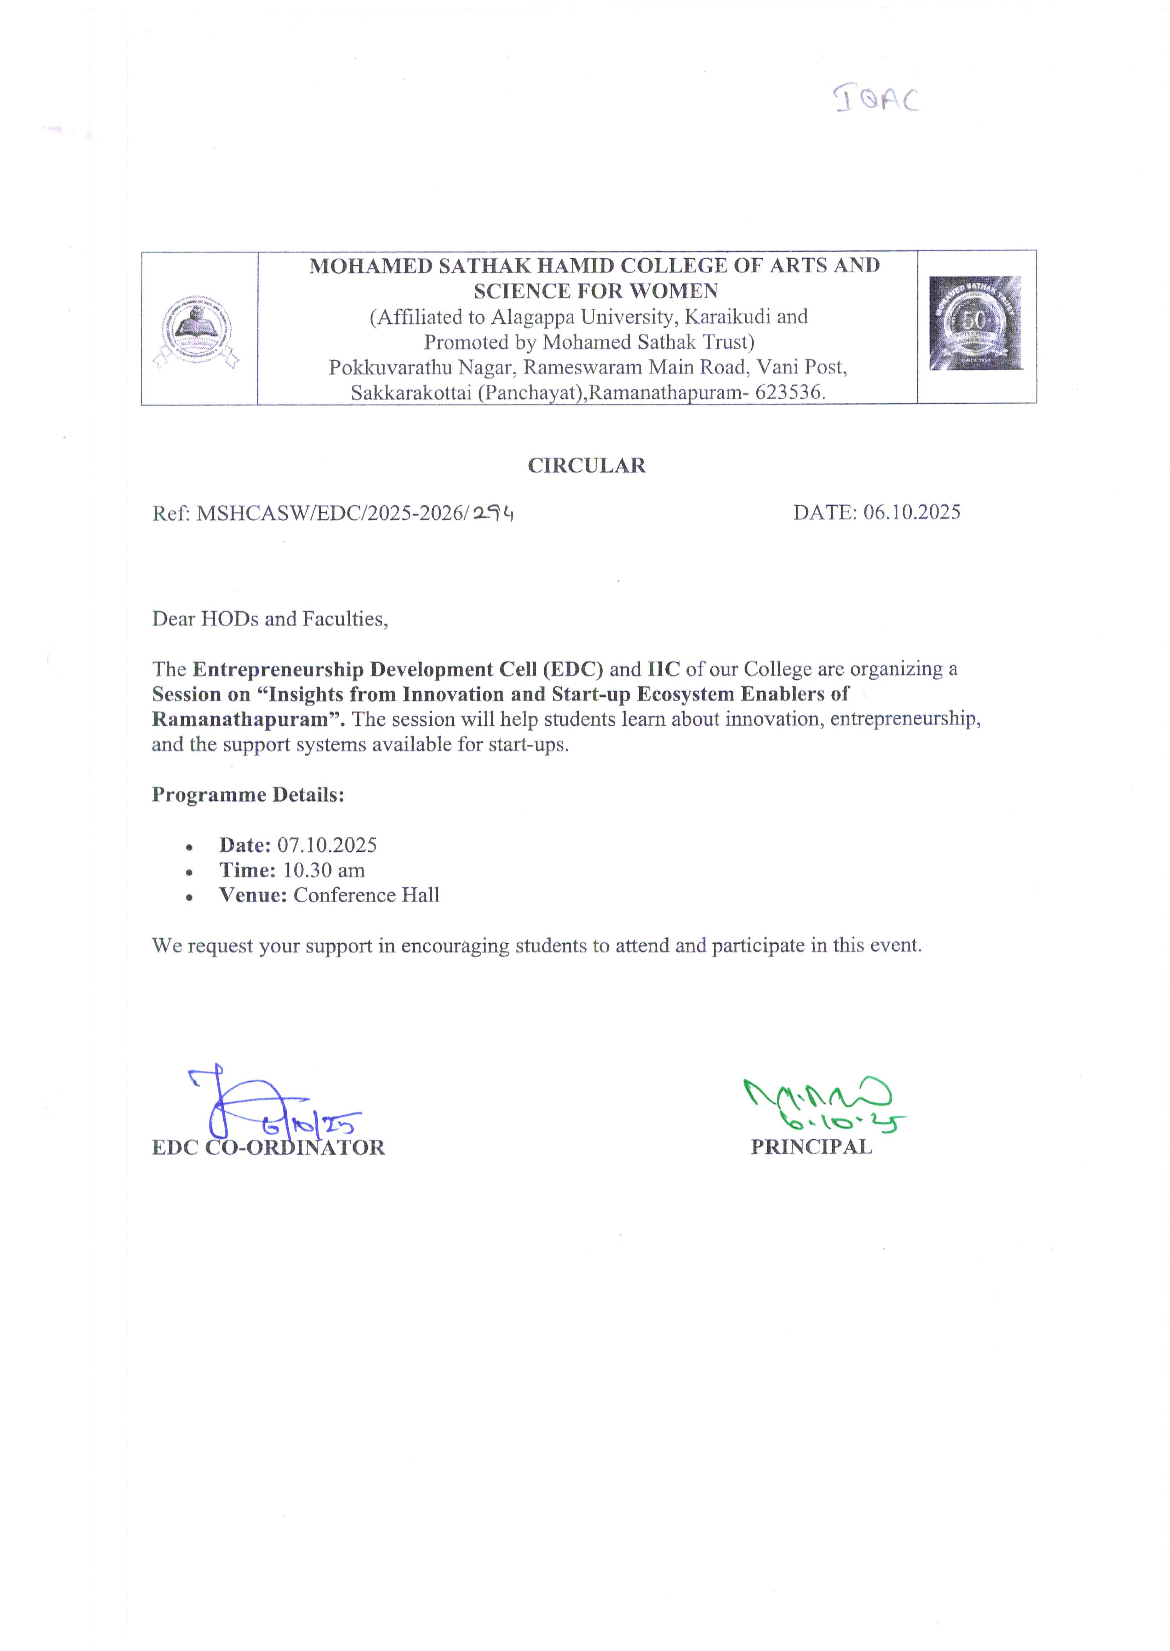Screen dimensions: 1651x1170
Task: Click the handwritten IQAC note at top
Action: [x=877, y=99]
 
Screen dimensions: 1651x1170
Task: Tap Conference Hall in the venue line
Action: [x=366, y=895]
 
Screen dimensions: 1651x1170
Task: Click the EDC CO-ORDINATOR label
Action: [x=268, y=1147]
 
